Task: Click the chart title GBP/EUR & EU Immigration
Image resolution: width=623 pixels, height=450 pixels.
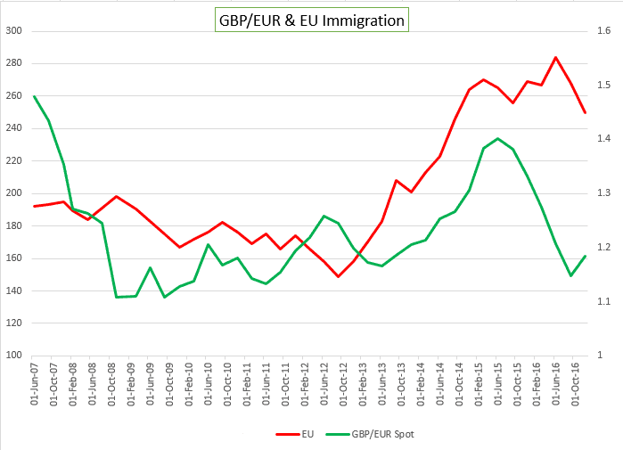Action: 311,20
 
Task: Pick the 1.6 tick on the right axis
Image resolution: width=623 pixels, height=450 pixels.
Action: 603,31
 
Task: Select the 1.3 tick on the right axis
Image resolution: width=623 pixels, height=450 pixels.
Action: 603,193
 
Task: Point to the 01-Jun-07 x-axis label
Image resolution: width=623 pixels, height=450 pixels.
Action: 35,386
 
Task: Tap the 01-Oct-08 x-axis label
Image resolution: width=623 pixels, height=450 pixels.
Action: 112,386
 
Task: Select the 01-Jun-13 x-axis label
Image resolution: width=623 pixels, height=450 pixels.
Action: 383,386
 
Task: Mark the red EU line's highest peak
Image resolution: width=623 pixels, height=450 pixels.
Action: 556,58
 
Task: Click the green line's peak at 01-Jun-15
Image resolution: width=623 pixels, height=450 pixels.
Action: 497,138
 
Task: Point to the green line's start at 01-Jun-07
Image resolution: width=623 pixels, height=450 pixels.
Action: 34,96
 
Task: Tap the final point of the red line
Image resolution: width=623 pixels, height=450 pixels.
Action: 585,112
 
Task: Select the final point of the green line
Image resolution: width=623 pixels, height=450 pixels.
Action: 585,257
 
